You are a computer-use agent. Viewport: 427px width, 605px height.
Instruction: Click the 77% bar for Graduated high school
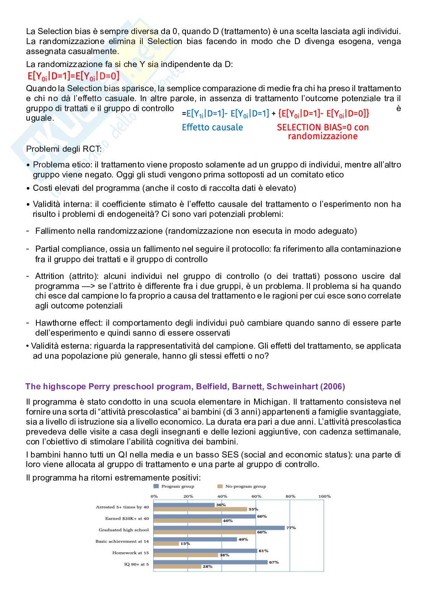point(219,528)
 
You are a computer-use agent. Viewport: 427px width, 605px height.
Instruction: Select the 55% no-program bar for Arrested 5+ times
point(200,509)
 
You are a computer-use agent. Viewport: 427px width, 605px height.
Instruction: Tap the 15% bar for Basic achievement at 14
point(166,544)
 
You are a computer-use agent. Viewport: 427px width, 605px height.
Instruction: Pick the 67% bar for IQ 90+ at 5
point(210,562)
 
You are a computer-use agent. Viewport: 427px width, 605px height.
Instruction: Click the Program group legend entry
point(174,486)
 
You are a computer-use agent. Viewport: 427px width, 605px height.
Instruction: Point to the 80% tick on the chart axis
point(290,496)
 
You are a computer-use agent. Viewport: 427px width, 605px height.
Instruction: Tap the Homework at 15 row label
point(130,553)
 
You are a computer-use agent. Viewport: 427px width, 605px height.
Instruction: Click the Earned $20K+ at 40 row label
point(127,518)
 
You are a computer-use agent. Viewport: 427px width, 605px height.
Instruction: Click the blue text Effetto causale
point(212,127)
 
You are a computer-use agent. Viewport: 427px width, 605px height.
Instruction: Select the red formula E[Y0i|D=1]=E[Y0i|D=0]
point(73,76)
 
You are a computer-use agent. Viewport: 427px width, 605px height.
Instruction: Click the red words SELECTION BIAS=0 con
point(323,127)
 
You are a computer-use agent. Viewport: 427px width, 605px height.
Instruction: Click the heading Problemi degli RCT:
point(64,149)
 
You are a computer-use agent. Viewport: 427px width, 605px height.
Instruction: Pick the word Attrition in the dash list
point(50,276)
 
